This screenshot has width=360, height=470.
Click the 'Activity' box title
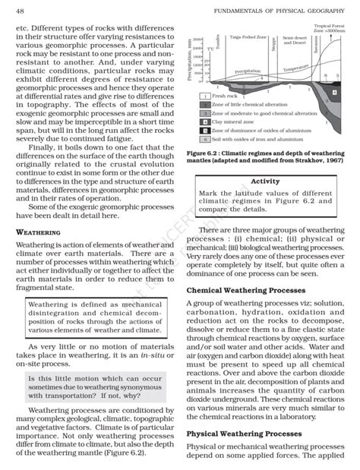265,181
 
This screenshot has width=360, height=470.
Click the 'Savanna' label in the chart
314,43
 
